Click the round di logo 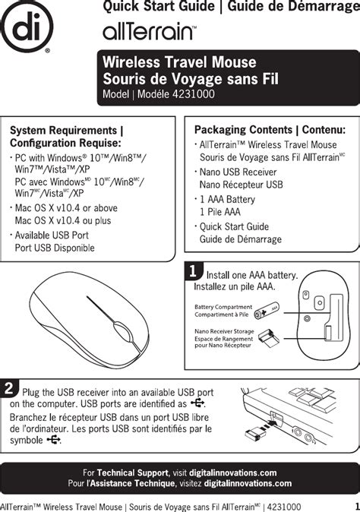27,27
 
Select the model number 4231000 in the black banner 194,94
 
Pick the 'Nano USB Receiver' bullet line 238,172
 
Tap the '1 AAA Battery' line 227,199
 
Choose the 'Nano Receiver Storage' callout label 224,331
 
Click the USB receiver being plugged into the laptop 259,431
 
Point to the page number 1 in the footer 356,506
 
